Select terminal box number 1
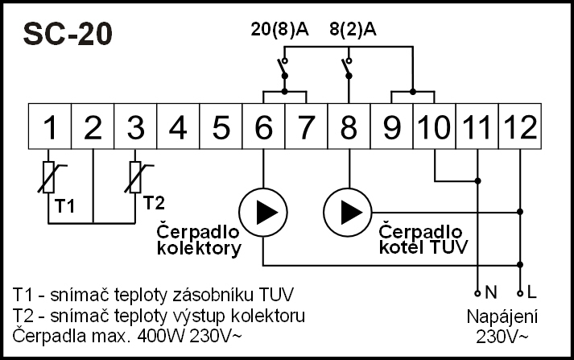tap(50, 126)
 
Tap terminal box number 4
tap(179, 126)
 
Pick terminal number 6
tap(264, 126)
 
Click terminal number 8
tap(349, 126)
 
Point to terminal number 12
tap(519, 126)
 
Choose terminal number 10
tap(435, 126)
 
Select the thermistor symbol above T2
tap(136, 176)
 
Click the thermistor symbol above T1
tap(50, 176)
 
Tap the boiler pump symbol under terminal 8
tap(348, 213)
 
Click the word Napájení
tap(502, 317)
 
